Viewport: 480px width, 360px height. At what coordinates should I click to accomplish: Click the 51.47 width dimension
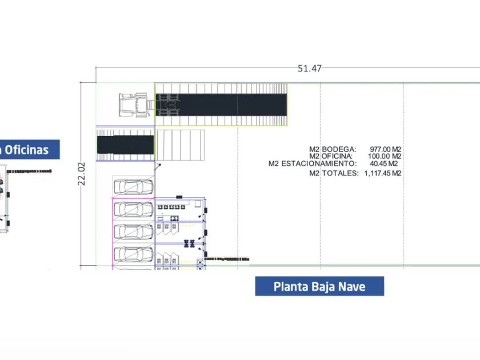pyautogui.click(x=310, y=68)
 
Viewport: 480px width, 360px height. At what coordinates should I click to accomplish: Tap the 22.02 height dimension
pyautogui.click(x=81, y=174)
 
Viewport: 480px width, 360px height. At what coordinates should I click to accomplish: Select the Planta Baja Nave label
pyautogui.click(x=319, y=286)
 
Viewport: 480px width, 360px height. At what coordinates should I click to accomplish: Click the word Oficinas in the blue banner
pyautogui.click(x=27, y=150)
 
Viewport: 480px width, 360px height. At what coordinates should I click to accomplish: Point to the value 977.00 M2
pyautogui.click(x=385, y=149)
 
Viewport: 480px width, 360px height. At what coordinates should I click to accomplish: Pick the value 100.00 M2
pyautogui.click(x=385, y=156)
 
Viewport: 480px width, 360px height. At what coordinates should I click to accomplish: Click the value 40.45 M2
pyautogui.click(x=384, y=163)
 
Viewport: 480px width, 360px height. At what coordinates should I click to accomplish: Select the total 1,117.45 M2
pyautogui.click(x=383, y=173)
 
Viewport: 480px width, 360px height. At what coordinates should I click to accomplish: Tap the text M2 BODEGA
pyautogui.click(x=333, y=149)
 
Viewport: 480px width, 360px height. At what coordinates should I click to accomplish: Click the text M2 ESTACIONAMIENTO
pyautogui.click(x=313, y=163)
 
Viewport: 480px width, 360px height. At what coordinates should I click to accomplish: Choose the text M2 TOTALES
pyautogui.click(x=334, y=173)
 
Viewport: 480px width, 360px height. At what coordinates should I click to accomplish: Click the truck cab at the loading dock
pyautogui.click(x=136, y=105)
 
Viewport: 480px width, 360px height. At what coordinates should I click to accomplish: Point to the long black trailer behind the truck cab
pyautogui.click(x=221, y=105)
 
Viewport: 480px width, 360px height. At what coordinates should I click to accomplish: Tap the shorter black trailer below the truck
pyautogui.click(x=126, y=145)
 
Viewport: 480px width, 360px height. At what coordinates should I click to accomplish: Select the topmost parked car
pyautogui.click(x=134, y=187)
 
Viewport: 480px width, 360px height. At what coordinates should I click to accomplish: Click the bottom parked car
pyautogui.click(x=134, y=254)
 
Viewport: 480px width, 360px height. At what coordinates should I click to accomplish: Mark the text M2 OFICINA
pyautogui.click(x=331, y=156)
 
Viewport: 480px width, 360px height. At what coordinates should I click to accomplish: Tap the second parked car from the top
pyautogui.click(x=134, y=210)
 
